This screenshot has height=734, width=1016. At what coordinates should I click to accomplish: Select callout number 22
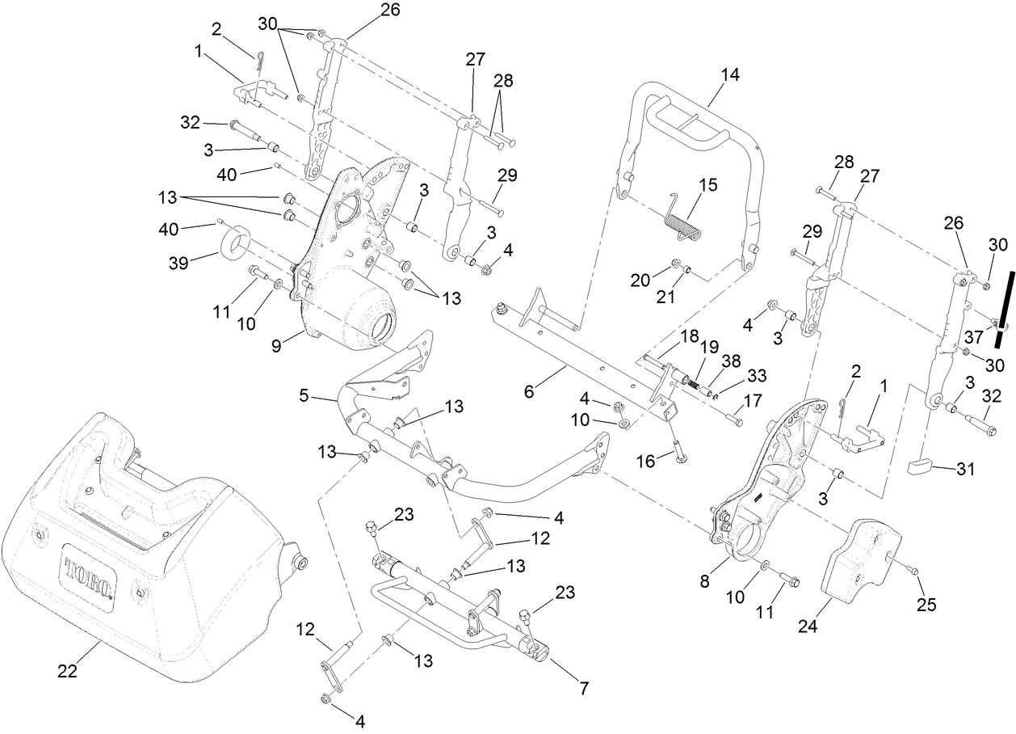pos(69,672)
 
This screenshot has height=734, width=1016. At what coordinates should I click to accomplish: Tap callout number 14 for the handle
pos(729,74)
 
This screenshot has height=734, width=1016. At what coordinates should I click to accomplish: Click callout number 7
pos(583,689)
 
